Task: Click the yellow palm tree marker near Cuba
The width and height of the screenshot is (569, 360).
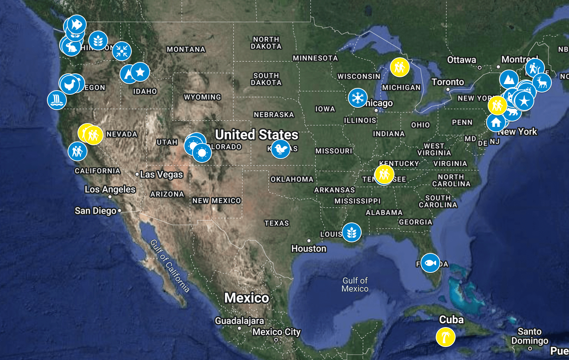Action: (x=445, y=337)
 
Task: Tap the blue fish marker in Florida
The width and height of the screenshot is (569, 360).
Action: (x=430, y=263)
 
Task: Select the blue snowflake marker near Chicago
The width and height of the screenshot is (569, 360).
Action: (x=358, y=98)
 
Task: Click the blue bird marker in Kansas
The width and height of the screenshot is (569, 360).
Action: (x=281, y=149)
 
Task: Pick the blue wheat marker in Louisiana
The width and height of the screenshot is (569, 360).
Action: (x=352, y=232)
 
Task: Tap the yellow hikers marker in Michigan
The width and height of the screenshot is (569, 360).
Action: (x=399, y=68)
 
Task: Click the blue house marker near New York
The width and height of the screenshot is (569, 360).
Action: (x=496, y=123)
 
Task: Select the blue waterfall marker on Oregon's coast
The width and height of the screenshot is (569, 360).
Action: (x=57, y=100)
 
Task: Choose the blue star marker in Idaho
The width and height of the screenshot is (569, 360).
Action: (x=140, y=72)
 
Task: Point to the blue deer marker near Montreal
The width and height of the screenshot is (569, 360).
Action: (x=542, y=82)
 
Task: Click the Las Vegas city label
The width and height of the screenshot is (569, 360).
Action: (x=162, y=175)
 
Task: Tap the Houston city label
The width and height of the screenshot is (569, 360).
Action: (x=309, y=249)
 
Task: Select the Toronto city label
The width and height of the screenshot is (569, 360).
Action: (x=448, y=82)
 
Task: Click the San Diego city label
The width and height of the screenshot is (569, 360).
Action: (x=95, y=211)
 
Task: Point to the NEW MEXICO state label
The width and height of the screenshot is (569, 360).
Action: (x=217, y=201)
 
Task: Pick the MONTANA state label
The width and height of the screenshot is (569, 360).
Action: (x=186, y=49)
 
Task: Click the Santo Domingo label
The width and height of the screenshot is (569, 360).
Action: (x=530, y=336)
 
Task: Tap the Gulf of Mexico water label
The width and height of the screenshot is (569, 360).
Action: (x=355, y=285)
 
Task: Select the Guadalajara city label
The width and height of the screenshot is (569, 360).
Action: (x=239, y=321)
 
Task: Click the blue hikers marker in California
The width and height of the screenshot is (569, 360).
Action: (x=78, y=151)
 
